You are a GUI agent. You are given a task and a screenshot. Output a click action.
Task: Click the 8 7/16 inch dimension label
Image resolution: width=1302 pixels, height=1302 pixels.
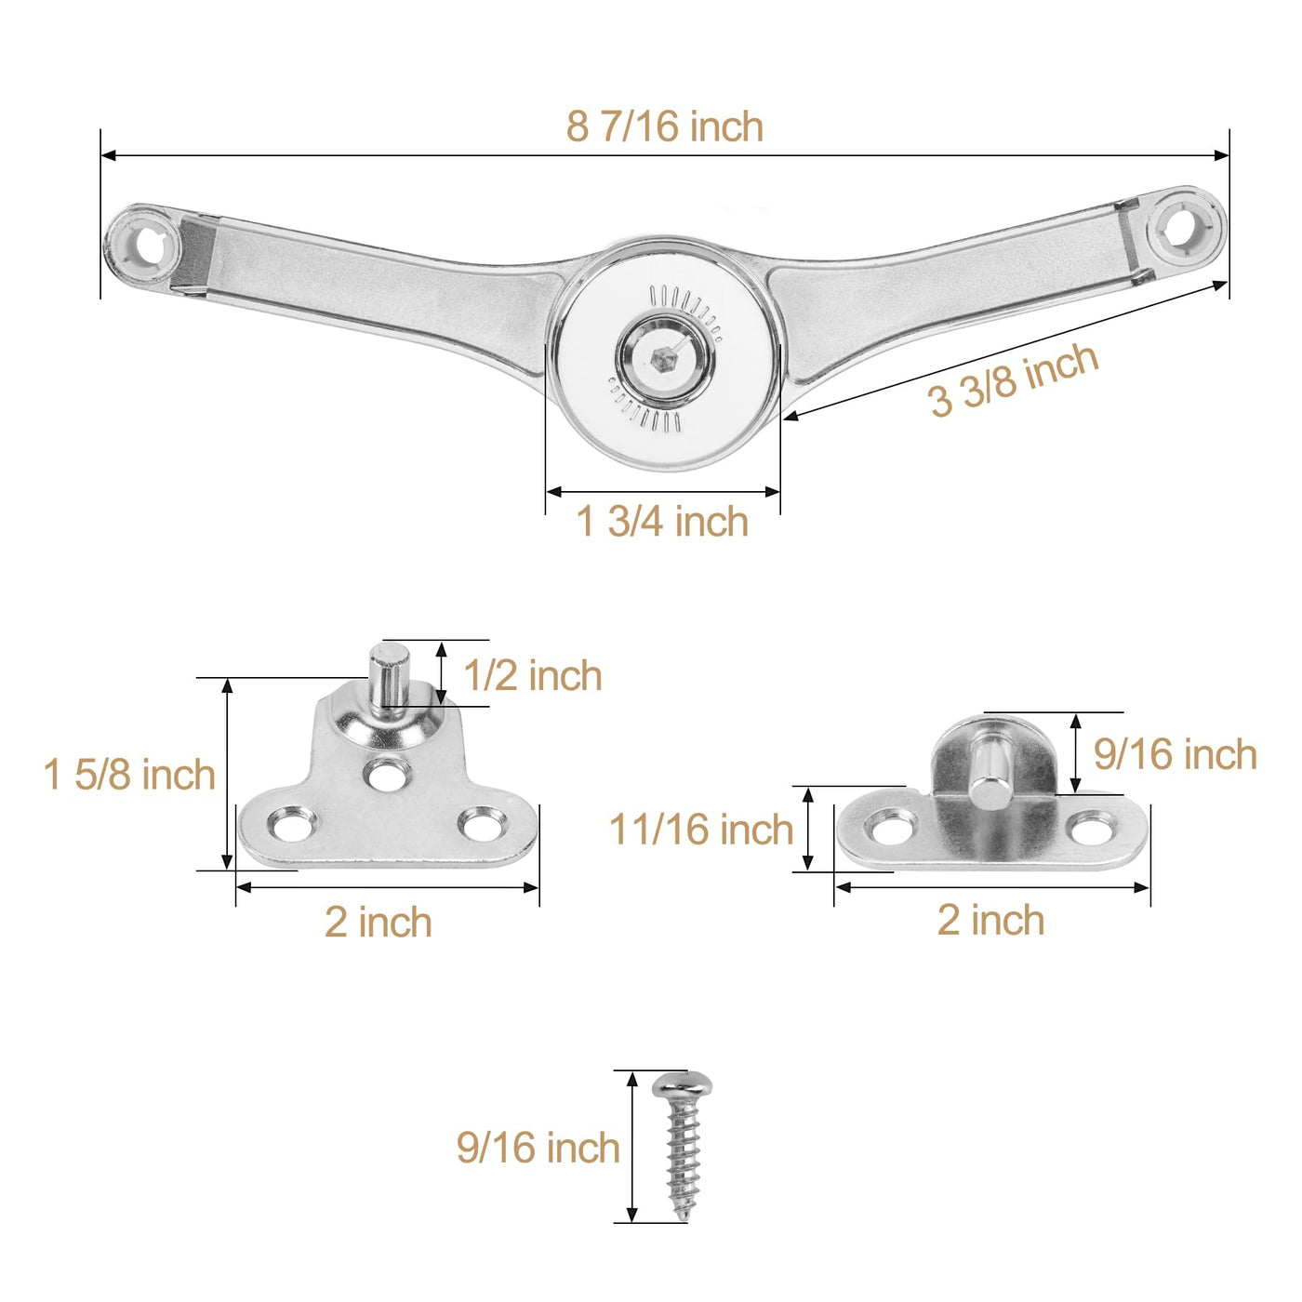pyautogui.click(x=665, y=126)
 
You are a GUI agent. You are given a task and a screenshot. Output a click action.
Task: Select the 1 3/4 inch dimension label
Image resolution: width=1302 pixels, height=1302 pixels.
pyautogui.click(x=662, y=522)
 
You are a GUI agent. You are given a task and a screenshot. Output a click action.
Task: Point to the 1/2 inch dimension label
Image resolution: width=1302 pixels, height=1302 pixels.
pyautogui.click(x=532, y=675)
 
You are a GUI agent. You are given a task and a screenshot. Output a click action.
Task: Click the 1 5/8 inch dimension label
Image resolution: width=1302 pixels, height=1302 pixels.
pyautogui.click(x=129, y=775)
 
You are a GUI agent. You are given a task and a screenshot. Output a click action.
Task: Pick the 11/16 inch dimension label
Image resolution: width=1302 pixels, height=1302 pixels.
pyautogui.click(x=700, y=829)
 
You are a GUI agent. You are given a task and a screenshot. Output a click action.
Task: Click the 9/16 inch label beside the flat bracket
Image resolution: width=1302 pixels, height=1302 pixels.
pyautogui.click(x=1175, y=754)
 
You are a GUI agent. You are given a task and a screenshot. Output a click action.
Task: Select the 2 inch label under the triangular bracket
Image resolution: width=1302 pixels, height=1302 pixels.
pyautogui.click(x=378, y=922)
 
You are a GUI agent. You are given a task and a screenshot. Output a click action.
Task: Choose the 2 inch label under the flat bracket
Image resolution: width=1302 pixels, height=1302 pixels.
pyautogui.click(x=990, y=920)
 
